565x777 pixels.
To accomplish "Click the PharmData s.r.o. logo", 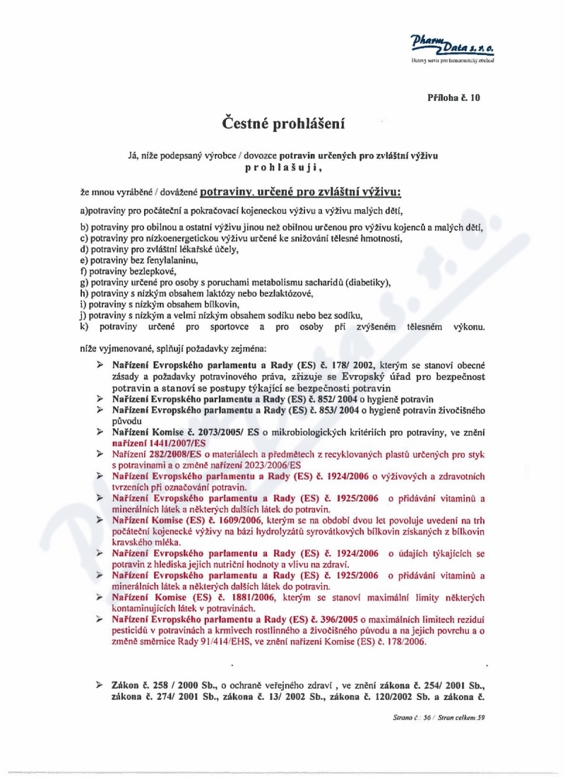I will click(452, 47).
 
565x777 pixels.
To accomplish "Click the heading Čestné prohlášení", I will click(283, 124).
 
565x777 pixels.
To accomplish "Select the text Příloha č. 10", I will click(453, 97).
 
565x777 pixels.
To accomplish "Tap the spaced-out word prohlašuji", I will click(282, 167).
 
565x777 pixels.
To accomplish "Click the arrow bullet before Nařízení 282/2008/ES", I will click(100, 453).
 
